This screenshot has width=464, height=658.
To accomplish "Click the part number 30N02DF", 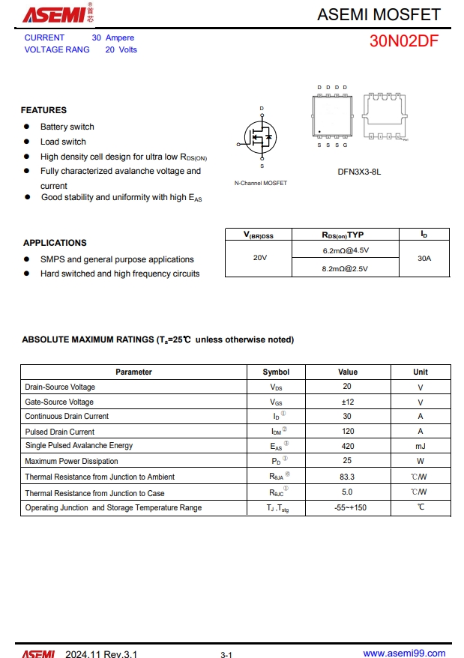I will (x=403, y=41).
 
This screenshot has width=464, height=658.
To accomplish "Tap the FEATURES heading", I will (x=43, y=110).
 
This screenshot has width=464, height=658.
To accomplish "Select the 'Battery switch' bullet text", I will (x=67, y=127).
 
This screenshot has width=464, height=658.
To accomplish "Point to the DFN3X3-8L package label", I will (x=359, y=172).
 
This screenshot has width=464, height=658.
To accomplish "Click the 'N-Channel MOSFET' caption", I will (x=260, y=184).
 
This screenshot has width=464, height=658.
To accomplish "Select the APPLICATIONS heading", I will (x=55, y=243).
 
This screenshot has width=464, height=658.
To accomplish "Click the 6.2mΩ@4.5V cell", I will (x=346, y=250).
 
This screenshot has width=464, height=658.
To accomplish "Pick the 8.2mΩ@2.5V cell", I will (x=346, y=268).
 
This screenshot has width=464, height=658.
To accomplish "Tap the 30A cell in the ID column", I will (x=424, y=259).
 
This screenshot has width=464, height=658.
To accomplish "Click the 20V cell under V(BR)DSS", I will (x=259, y=258).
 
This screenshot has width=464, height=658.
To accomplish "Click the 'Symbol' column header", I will (x=276, y=372).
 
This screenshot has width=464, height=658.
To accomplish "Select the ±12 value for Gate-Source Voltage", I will (x=347, y=402).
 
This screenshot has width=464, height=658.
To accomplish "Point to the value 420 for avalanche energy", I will (x=347, y=446).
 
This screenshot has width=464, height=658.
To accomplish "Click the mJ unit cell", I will (x=420, y=446).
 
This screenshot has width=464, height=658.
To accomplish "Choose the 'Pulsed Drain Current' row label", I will (x=60, y=432).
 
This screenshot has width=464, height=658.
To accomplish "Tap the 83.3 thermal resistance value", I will (x=347, y=477).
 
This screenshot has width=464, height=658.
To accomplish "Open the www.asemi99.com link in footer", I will (x=404, y=654).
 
